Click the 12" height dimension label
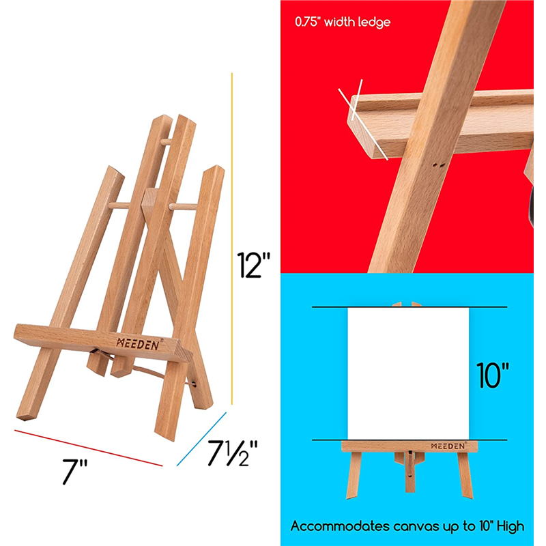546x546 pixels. pos(253,265)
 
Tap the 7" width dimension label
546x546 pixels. pos(74,471)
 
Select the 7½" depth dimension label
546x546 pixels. pos(232,452)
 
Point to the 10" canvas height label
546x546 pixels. pos(492,375)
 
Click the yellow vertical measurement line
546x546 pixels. pos(232,238)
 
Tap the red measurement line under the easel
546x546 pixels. pos(89,448)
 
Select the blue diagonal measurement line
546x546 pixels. pos(201,439)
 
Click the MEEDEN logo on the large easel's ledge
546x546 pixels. pos(138,344)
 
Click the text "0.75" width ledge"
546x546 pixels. pos(343,23)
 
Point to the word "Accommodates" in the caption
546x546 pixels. pos(340,526)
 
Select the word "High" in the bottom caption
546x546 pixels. pos(511,526)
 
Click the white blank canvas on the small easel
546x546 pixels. pos(408,373)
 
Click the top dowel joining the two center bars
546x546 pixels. pos(166,142)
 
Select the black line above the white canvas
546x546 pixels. pos(409,307)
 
